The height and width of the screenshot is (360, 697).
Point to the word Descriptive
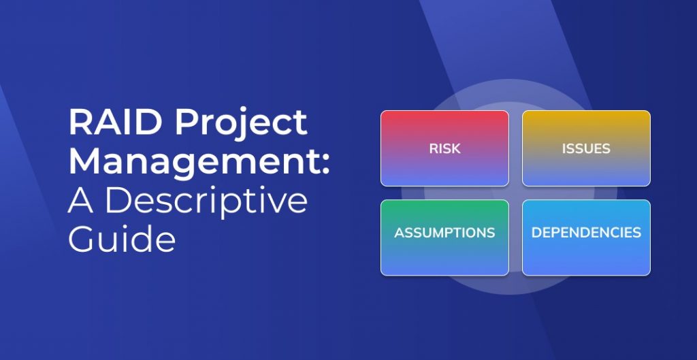click(x=207, y=202)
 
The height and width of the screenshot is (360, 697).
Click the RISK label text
click(x=444, y=148)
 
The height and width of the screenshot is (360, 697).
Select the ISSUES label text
click(x=586, y=148)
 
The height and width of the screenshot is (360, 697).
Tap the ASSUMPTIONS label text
click(x=444, y=233)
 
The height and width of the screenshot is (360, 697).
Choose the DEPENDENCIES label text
click(x=586, y=233)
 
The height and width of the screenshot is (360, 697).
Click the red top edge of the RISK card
click(x=444, y=112)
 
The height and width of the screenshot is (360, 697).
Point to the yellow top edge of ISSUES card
click(x=586, y=112)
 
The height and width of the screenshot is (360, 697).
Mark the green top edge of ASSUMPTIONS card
click(x=444, y=201)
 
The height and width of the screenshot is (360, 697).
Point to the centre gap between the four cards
click(x=515, y=193)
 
